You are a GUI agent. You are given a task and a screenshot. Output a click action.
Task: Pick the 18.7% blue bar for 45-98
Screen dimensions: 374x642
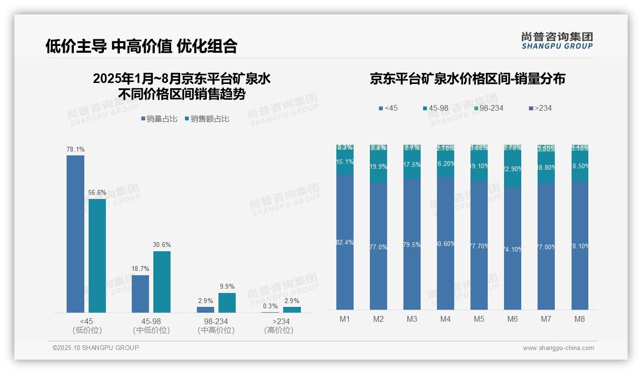140,294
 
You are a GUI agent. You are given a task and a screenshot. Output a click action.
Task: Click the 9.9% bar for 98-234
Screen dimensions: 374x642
227,303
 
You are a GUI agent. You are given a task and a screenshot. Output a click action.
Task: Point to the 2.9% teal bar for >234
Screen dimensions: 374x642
292,310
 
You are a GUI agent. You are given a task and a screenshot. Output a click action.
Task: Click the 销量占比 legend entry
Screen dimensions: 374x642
159,119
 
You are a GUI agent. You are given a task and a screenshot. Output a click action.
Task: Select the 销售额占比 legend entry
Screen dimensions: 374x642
206,119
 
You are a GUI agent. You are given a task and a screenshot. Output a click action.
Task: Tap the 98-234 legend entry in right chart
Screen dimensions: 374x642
489,108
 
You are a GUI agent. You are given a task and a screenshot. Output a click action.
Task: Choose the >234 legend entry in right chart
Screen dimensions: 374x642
541,108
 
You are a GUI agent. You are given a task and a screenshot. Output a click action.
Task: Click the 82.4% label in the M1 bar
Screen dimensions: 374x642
345,243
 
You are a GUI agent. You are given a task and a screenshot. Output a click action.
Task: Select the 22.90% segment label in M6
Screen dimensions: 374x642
513,169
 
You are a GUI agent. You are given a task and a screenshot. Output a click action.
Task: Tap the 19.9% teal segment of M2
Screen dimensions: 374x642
378,167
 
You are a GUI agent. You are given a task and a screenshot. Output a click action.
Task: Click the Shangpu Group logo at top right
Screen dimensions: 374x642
557,41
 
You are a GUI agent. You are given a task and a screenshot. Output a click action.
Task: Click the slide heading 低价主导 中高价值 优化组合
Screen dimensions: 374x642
141,46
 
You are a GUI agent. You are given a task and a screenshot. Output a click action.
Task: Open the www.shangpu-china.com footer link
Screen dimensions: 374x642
558,348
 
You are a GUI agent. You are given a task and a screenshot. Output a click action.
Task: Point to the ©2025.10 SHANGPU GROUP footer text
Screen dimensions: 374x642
96,348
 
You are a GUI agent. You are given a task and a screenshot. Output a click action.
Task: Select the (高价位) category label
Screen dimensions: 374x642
279,330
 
